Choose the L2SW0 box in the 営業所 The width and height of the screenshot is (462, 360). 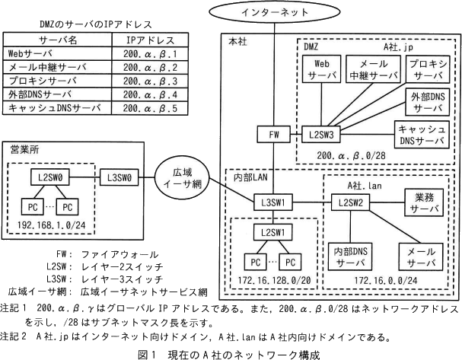(49, 177)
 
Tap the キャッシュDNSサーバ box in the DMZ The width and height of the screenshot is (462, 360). (422, 135)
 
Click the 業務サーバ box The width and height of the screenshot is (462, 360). (415, 202)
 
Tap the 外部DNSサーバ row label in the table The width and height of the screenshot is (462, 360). (39, 96)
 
